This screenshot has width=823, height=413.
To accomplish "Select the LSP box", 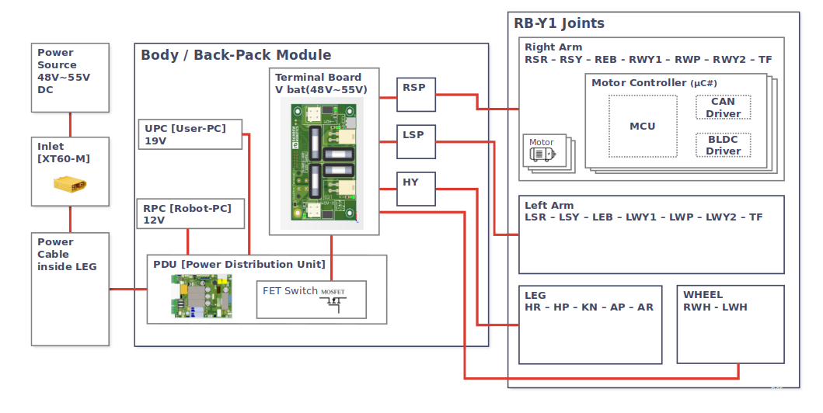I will pyautogui.click(x=416, y=141).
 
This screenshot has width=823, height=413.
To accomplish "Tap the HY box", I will pyautogui.click(x=416, y=189).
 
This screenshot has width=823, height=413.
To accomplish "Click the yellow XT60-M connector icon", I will pyautogui.click(x=70, y=185).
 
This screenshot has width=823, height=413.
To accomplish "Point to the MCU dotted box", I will pyautogui.click(x=642, y=126).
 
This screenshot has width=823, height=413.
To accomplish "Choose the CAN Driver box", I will pyautogui.click(x=723, y=107).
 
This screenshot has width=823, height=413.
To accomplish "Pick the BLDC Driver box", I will pyautogui.click(x=723, y=145).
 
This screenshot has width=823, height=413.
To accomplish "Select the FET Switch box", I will pyautogui.click(x=311, y=299).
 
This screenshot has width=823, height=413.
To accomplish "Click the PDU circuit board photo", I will pyautogui.click(x=201, y=296).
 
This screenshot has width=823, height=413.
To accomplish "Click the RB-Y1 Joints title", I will pyautogui.click(x=559, y=23).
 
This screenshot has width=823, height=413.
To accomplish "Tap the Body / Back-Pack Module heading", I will pyautogui.click(x=235, y=55).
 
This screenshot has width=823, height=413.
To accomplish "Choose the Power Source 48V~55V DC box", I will pyautogui.click(x=70, y=78).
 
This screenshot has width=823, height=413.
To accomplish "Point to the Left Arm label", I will pyautogui.click(x=549, y=206).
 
